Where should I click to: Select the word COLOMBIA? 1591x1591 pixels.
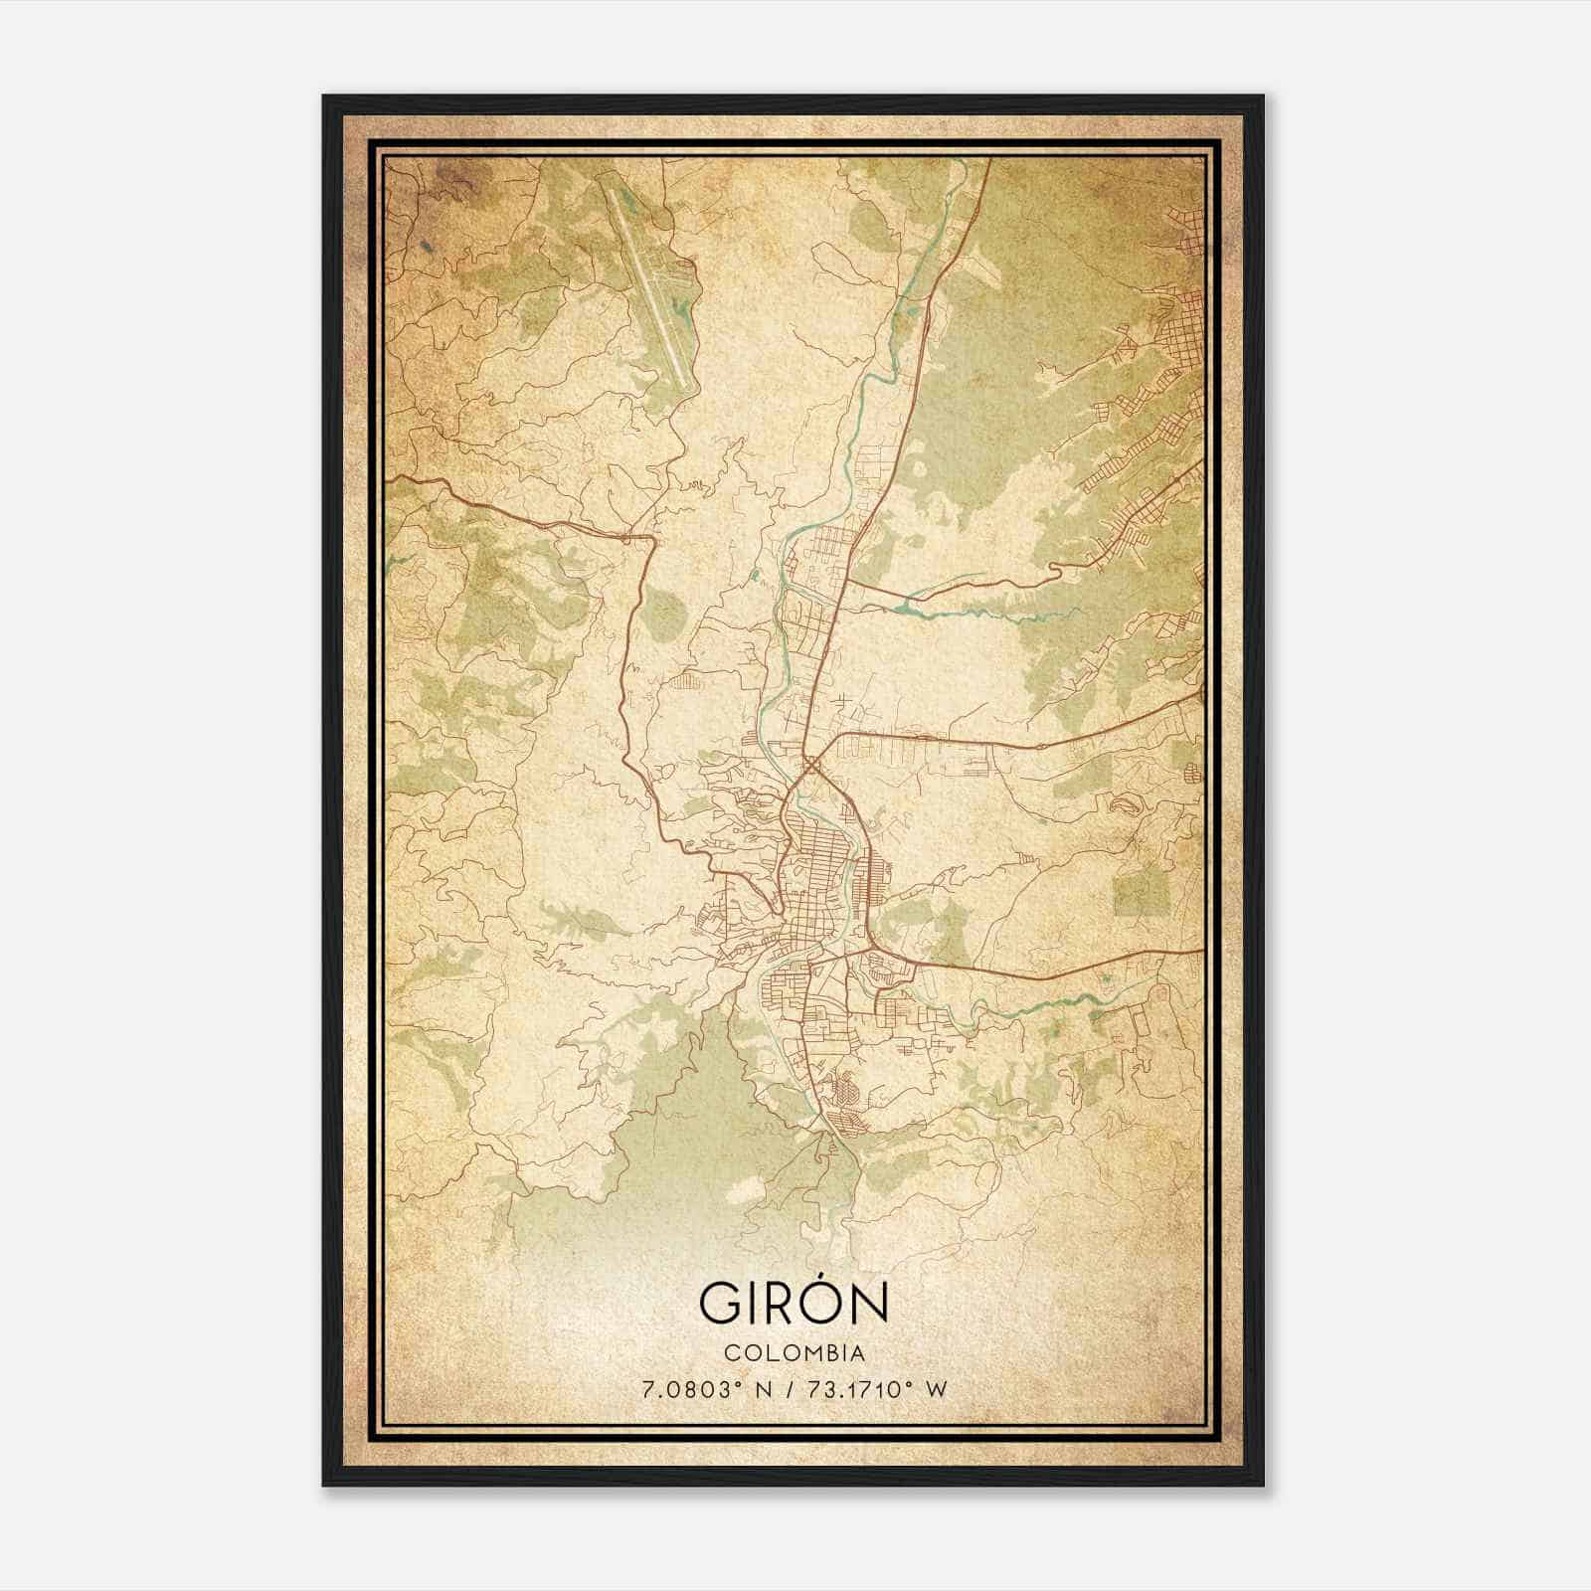point(795,1352)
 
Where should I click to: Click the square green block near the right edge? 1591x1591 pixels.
point(1140,888)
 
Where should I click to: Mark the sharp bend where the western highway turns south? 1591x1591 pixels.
point(651,538)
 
